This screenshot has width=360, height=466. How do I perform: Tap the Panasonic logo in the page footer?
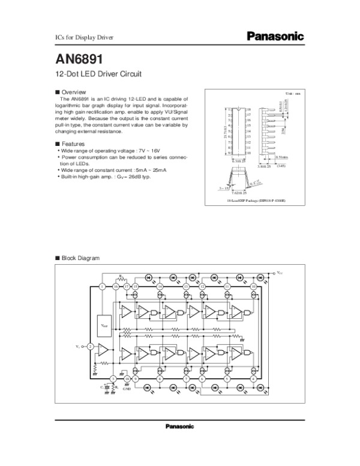[179, 426]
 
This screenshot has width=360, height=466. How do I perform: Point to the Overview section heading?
[74, 92]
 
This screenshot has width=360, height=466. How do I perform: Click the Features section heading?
[74, 144]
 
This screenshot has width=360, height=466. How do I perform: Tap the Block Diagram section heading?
[80, 258]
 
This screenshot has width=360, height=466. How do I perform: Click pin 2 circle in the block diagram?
[90, 346]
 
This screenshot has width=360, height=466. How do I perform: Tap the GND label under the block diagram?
[127, 389]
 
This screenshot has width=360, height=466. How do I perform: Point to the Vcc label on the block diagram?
[280, 273]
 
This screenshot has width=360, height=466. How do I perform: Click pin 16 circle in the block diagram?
[115, 287]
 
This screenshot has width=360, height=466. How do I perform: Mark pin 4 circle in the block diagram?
[254, 379]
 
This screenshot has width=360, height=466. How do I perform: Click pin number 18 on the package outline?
[248, 110]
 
